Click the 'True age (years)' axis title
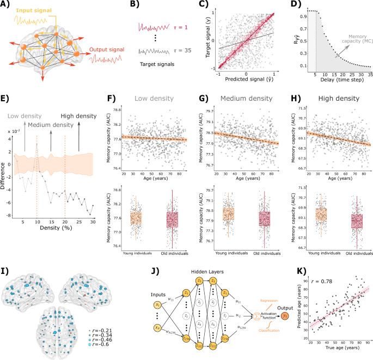pos(340,354)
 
